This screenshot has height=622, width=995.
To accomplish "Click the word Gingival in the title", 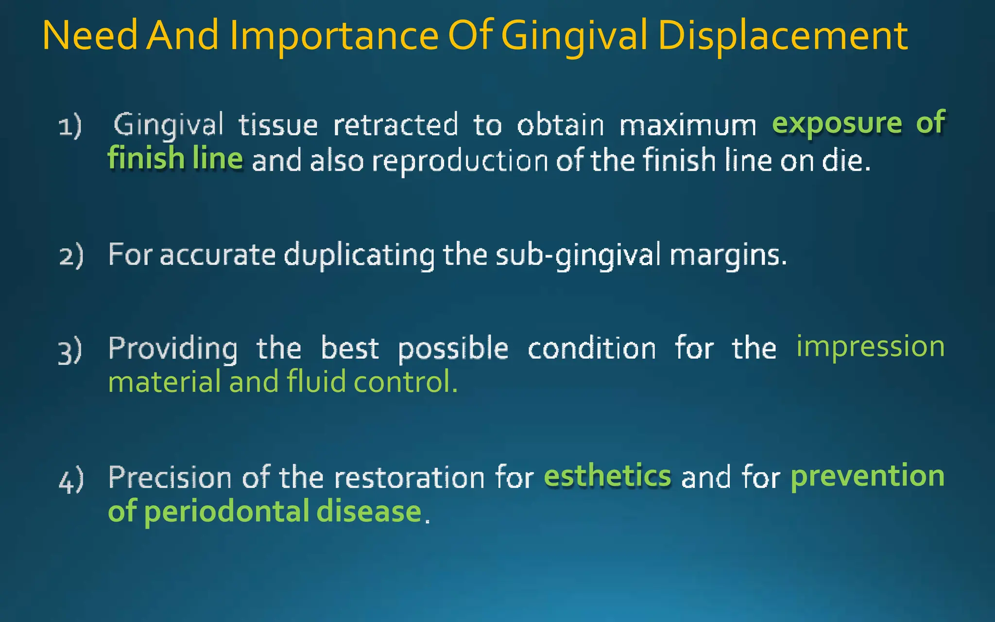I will (x=574, y=36).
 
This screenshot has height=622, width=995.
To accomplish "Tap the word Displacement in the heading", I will (x=783, y=36).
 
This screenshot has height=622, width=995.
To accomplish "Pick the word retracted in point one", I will (x=395, y=125).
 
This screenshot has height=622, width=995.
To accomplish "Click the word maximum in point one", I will (x=688, y=125).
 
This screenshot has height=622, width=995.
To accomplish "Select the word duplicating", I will (x=359, y=255).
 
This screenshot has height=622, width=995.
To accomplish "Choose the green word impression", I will (x=870, y=347).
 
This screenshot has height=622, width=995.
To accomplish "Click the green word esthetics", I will (x=607, y=476).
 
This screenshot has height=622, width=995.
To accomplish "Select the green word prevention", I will (x=867, y=476).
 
